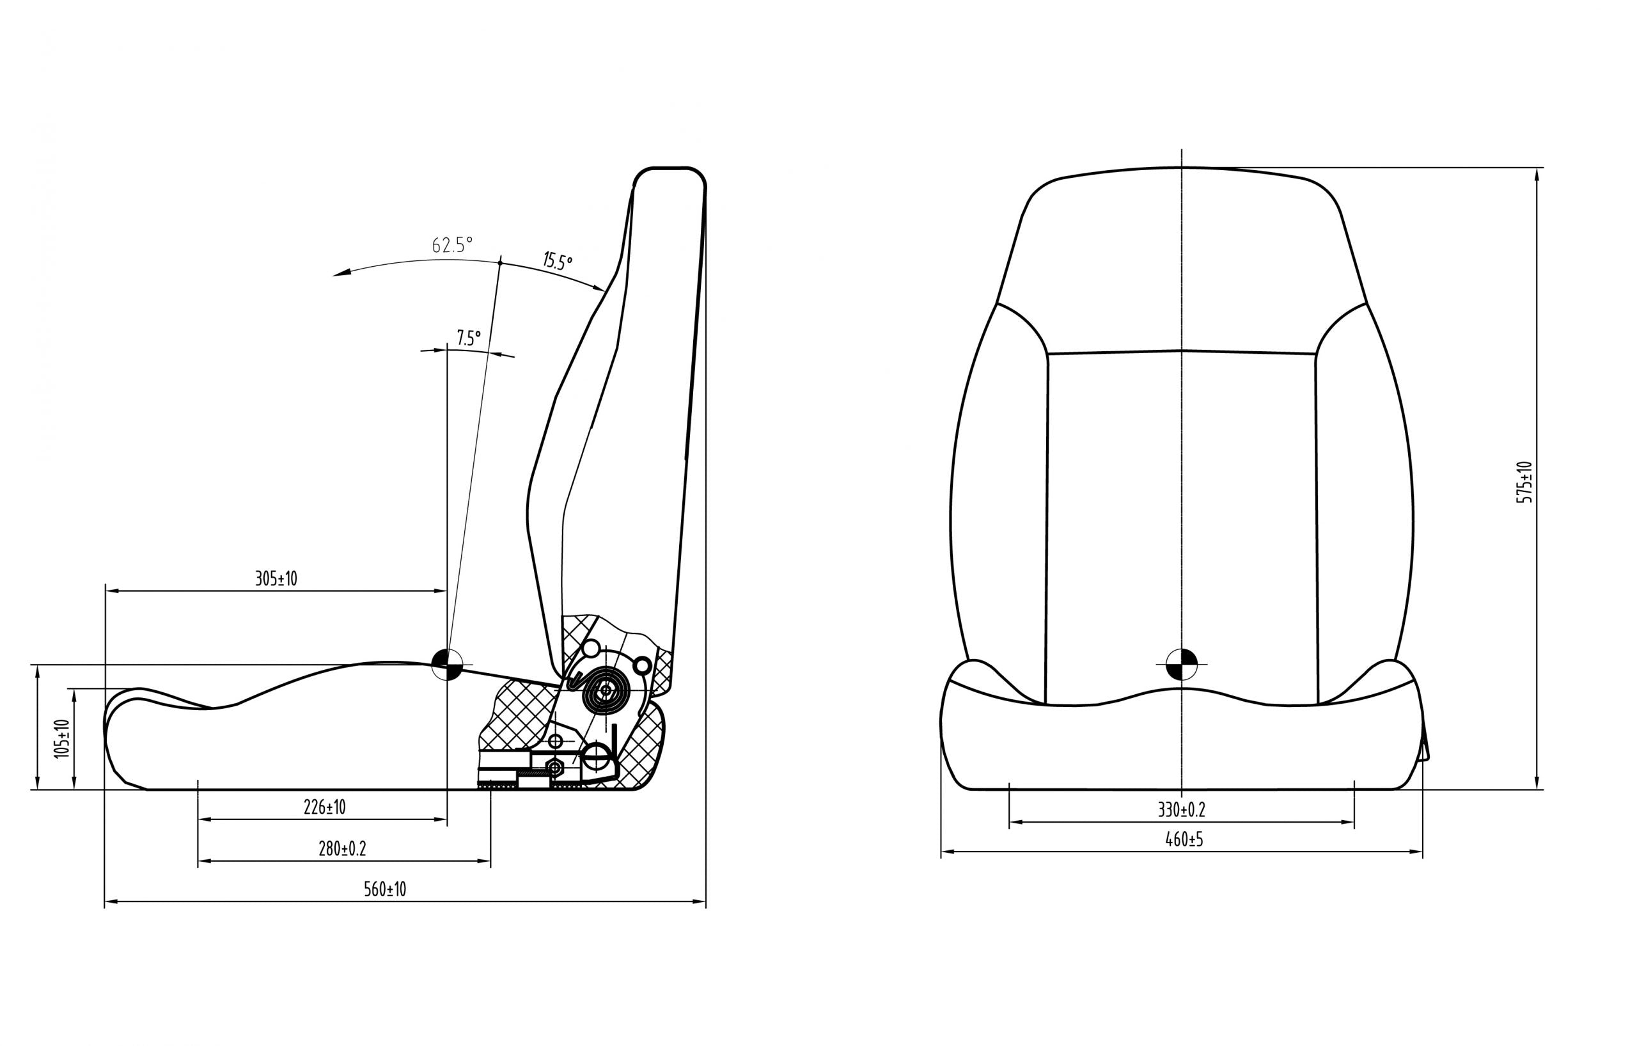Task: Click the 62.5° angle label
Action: click(452, 245)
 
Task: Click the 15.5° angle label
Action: click(558, 260)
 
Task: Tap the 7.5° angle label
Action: click(468, 337)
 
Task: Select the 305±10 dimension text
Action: click(276, 579)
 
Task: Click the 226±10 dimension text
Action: click(324, 807)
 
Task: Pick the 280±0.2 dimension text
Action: click(343, 849)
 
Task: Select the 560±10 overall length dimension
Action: click(385, 889)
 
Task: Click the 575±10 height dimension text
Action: click(1525, 482)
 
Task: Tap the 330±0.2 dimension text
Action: click(1182, 810)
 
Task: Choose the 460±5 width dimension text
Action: click(1184, 839)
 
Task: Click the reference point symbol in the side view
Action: click(448, 664)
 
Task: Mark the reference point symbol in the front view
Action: click(1182, 664)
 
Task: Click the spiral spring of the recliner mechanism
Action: click(605, 690)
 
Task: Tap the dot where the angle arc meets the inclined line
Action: click(499, 262)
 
